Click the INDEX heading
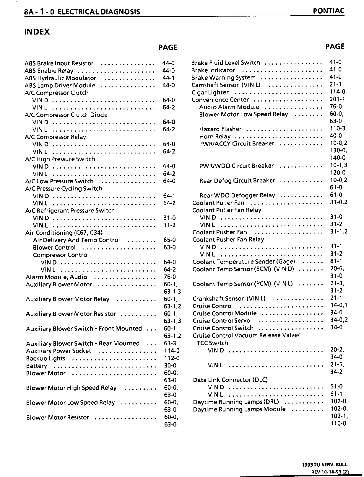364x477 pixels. pos(37,32)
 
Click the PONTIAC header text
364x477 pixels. pos(329,11)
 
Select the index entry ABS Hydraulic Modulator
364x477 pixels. pos(61,78)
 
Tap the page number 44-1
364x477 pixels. pos(168,78)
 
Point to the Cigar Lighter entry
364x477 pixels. pos(210,92)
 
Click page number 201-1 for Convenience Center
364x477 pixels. pos(337,99)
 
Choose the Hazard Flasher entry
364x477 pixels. pos(220,129)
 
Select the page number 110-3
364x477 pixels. pos(337,128)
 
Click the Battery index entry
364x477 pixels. pos(36,366)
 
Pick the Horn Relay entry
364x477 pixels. pos(215,136)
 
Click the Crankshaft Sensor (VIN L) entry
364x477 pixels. pos(229,299)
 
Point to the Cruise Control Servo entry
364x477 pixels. pos(221,321)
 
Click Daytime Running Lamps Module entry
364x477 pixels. pos(239,409)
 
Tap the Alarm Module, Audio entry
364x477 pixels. pos(56,277)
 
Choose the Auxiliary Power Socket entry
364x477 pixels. pos(59,351)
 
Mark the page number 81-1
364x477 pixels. pos(336,261)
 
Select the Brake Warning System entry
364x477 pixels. pos(223,78)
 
